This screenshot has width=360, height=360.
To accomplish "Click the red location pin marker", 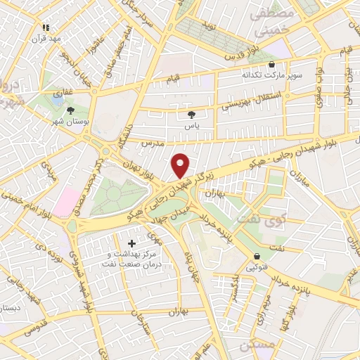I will [181, 166].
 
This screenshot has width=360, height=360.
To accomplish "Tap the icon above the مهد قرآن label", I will [46, 27].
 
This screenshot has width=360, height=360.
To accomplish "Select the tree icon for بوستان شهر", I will [70, 110].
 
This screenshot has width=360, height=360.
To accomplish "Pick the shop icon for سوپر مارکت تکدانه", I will [271, 64].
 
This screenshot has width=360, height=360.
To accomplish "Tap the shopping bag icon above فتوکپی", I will [257, 256].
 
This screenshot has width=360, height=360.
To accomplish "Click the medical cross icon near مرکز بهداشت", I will [131, 243].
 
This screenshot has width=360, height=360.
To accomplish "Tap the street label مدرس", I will [152, 143].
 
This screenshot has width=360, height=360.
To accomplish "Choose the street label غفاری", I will [62, 92].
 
